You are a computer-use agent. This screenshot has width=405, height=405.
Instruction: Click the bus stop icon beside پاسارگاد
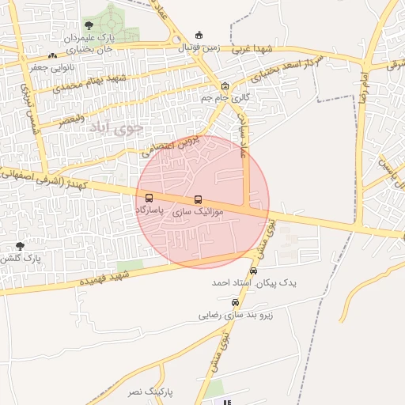(150, 199)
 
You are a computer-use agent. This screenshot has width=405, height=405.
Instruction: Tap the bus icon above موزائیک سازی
(198, 200)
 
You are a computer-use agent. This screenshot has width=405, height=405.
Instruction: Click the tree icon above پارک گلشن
(20, 246)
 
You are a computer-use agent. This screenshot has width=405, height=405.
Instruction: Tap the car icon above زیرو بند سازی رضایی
(234, 302)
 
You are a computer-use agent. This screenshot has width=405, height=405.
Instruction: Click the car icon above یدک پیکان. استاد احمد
(253, 271)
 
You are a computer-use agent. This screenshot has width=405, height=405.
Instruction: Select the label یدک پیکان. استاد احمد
(243, 282)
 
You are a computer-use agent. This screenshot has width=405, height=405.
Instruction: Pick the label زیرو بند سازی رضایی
(235, 314)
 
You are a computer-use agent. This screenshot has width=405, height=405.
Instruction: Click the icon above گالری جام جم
(225, 85)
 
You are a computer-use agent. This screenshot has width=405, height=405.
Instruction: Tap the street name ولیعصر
(72, 120)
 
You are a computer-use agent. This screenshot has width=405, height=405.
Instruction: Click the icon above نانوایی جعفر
(52, 56)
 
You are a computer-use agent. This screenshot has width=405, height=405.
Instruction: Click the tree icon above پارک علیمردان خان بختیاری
(88, 26)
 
